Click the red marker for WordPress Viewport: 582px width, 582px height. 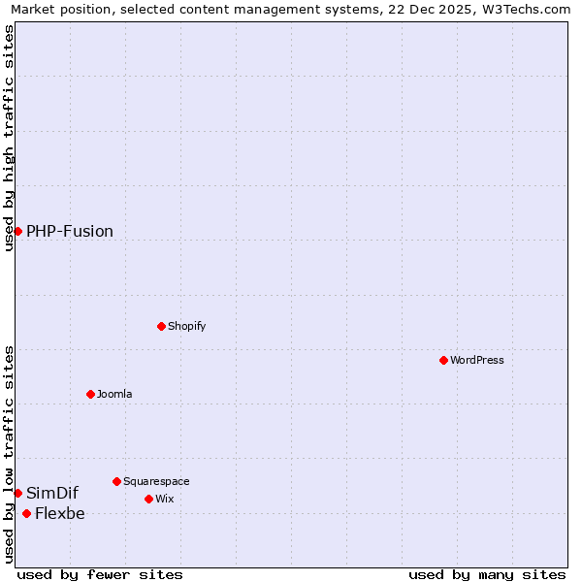click(x=443, y=360)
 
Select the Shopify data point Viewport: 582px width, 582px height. click(x=162, y=326)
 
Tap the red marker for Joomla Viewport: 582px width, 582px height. click(x=90, y=394)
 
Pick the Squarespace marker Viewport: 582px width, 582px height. click(x=116, y=481)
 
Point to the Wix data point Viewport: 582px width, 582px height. click(x=148, y=499)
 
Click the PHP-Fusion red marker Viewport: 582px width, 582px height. click(x=17, y=231)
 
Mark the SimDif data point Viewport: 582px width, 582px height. click(x=17, y=493)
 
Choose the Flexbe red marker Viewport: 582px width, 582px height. click(x=26, y=513)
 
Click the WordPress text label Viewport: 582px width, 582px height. click(x=477, y=360)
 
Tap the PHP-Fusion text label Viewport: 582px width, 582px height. click(x=70, y=231)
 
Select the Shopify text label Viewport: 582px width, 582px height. click(x=187, y=326)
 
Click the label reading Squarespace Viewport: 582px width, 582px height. click(x=156, y=481)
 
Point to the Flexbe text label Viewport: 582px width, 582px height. click(x=60, y=514)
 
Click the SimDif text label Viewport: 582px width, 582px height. click(x=52, y=493)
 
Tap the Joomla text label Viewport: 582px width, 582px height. click(x=114, y=394)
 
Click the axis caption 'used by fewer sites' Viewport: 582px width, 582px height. click(x=100, y=574)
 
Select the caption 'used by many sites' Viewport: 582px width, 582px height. click(x=487, y=574)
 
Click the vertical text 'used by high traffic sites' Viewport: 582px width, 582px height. click(x=9, y=138)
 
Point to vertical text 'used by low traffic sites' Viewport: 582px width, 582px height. click(x=9, y=454)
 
